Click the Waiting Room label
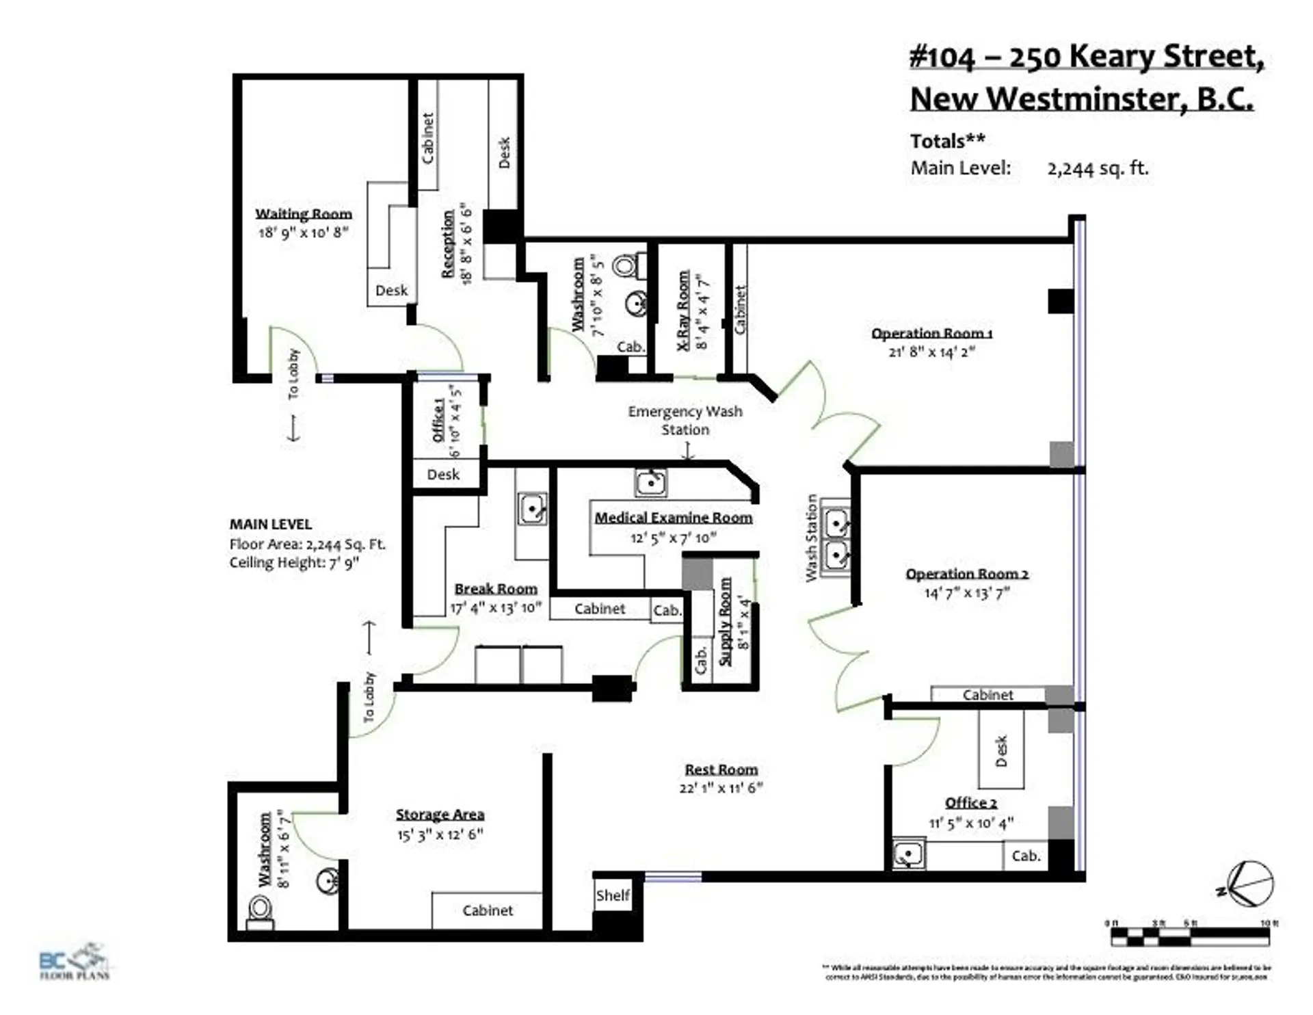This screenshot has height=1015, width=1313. click(x=304, y=214)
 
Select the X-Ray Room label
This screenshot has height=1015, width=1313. click(x=683, y=311)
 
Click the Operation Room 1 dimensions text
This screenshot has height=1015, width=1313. click(x=931, y=352)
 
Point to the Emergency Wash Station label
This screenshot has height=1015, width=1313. click(x=685, y=420)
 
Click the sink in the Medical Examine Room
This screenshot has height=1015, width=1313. click(x=650, y=483)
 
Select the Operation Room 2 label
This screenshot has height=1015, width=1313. click(x=966, y=574)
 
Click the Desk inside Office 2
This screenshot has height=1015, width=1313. click(x=1001, y=750)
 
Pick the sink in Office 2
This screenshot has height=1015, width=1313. click(x=909, y=855)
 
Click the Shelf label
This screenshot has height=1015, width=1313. click(x=612, y=895)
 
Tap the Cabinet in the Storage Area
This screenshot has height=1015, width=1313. click(x=487, y=910)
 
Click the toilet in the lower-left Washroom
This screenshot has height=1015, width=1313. click(x=261, y=912)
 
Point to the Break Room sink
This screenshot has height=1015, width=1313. click(x=531, y=509)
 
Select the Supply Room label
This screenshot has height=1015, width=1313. click(x=725, y=621)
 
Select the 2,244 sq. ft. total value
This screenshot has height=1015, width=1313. click(x=1098, y=168)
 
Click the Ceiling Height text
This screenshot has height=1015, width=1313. click(x=294, y=562)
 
